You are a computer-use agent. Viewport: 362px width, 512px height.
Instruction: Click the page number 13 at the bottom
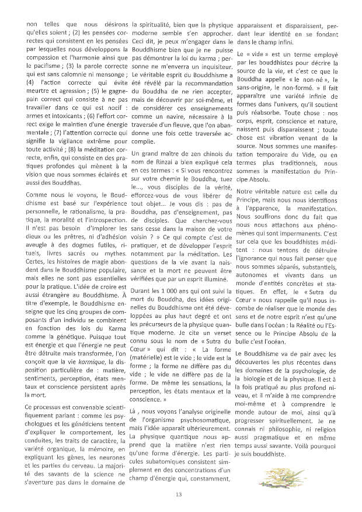coord(179,495)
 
